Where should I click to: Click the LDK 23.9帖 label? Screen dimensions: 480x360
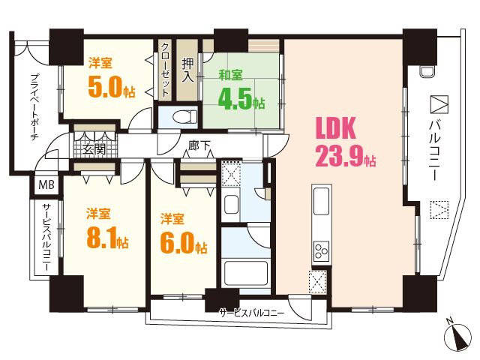click(346, 142)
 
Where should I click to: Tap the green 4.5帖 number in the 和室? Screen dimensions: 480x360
click(241, 99)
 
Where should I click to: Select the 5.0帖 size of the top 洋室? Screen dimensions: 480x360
click(112, 87)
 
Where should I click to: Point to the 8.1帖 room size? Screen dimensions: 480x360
click(107, 238)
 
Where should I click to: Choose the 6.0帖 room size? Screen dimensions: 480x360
click(183, 243)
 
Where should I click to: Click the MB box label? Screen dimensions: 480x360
click(46, 184)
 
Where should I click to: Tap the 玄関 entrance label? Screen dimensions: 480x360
click(94, 149)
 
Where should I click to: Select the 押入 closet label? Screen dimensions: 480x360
click(187, 70)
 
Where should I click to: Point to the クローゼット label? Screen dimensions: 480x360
click(165, 70)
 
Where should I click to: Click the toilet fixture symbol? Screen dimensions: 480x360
click(185, 117)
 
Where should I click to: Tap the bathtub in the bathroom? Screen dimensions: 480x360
click(246, 273)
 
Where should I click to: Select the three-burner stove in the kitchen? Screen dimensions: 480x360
click(321, 250)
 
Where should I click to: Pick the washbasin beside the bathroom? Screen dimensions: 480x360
click(231, 205)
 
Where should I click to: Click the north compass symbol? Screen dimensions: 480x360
click(457, 336)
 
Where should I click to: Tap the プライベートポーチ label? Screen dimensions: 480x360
click(35, 106)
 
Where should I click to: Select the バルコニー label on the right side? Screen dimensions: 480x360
click(434, 150)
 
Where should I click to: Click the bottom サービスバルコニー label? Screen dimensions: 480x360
click(252, 313)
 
